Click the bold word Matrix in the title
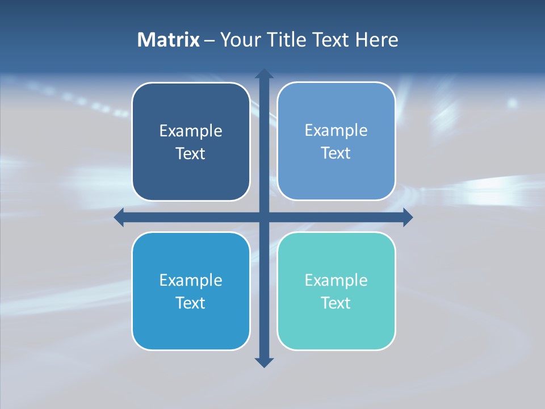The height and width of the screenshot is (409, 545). coord(169,40)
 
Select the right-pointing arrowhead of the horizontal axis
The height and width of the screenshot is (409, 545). coord(408,217)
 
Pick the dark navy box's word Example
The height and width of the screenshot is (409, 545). coord(191,131)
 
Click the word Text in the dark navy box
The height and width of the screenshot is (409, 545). coord(191,154)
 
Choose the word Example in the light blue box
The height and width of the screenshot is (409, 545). coord(336,131)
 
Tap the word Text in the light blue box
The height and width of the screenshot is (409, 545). coord(336,153)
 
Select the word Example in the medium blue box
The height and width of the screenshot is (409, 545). coord(191,281)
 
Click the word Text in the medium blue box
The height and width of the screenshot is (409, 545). coord(191,303)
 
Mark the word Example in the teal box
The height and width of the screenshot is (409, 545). coord(336,281)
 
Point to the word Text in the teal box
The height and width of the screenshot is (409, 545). coord(336,303)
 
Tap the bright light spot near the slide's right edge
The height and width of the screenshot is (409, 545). coord(513,103)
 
